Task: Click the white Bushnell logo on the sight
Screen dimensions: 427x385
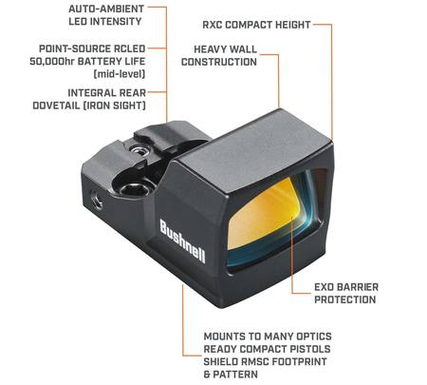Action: (x=182, y=241)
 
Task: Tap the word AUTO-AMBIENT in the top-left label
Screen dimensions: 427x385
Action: (x=106, y=9)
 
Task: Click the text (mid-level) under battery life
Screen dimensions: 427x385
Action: (x=120, y=74)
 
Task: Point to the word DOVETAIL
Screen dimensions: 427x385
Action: (x=56, y=106)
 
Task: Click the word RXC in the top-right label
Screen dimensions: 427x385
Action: (x=213, y=25)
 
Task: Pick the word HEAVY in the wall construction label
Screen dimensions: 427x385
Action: (x=209, y=49)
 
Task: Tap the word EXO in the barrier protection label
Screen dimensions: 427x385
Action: (x=324, y=287)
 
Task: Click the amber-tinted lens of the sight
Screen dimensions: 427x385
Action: (x=269, y=216)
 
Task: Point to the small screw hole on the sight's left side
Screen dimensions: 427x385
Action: (x=97, y=200)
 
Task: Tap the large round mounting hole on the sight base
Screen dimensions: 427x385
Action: (x=136, y=189)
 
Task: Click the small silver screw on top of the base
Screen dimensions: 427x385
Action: (x=139, y=149)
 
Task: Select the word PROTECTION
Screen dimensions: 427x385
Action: (x=345, y=299)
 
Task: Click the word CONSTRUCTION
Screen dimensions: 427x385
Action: (x=219, y=62)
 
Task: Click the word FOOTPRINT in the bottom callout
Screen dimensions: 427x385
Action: (x=299, y=361)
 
